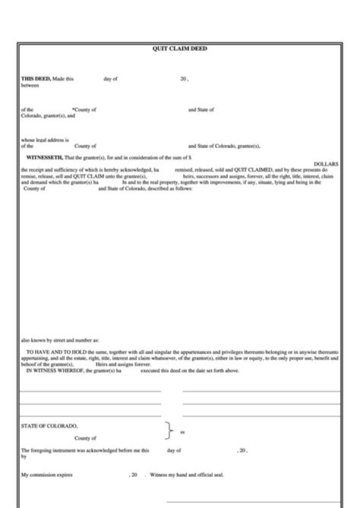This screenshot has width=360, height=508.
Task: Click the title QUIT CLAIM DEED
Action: pyautogui.click(x=179, y=49)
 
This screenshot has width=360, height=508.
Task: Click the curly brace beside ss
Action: pyautogui.click(x=168, y=431)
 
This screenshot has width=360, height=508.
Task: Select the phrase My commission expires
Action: pyautogui.click(x=45, y=474)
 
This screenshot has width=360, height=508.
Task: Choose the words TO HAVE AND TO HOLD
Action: pyautogui.click(x=52, y=353)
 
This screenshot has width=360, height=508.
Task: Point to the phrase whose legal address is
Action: pyautogui.click(x=45, y=139)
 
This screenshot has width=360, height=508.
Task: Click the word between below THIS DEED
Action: pyautogui.click(x=30, y=84)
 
